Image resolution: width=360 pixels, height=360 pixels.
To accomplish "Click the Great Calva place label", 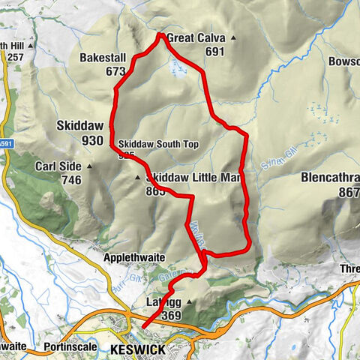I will [196, 38].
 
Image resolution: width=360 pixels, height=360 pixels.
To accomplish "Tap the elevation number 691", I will [214, 52].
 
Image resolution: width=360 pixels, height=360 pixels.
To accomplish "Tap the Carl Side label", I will [57, 166].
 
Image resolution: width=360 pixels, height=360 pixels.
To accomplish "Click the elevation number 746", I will [71, 180].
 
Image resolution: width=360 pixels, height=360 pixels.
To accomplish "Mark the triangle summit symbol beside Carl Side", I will [90, 166].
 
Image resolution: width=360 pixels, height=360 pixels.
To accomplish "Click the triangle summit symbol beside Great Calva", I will [233, 38].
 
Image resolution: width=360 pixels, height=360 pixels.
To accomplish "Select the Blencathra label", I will [330, 178].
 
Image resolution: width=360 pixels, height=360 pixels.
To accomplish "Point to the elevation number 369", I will [171, 316].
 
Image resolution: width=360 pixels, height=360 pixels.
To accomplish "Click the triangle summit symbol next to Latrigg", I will [189, 302].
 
